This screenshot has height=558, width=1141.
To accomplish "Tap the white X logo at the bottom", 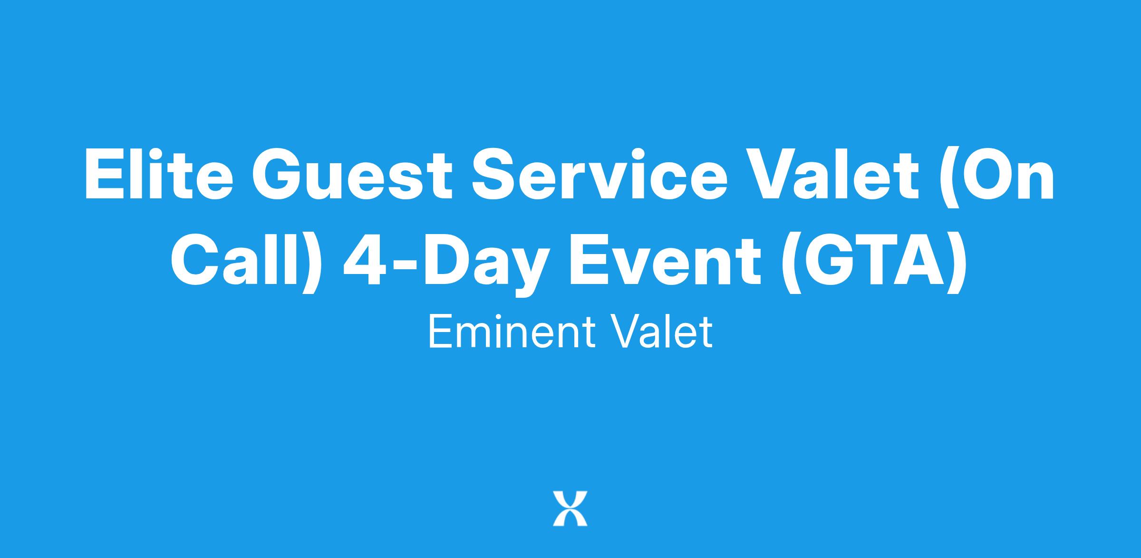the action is tap(570, 509).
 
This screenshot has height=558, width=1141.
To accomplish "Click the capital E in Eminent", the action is tap(439, 333).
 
